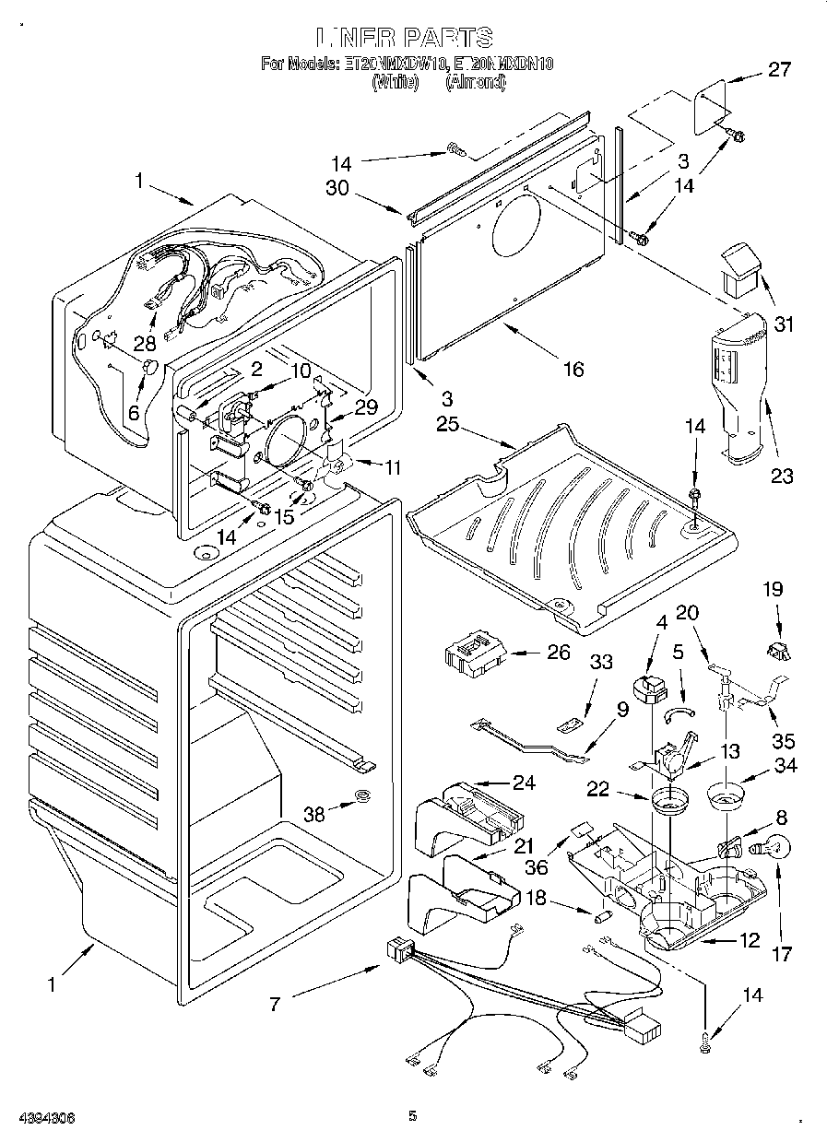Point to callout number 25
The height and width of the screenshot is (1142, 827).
click(448, 424)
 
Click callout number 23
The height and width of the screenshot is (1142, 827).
click(782, 476)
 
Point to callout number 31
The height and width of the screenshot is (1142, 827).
click(784, 324)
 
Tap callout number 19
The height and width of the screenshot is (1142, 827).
click(773, 587)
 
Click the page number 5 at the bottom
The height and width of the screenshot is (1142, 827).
click(413, 1116)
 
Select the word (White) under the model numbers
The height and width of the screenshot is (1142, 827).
click(395, 82)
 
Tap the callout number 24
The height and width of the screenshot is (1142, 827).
click(524, 783)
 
